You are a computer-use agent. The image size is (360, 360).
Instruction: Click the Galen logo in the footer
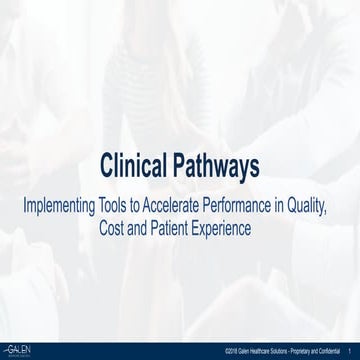coord(21,350)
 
